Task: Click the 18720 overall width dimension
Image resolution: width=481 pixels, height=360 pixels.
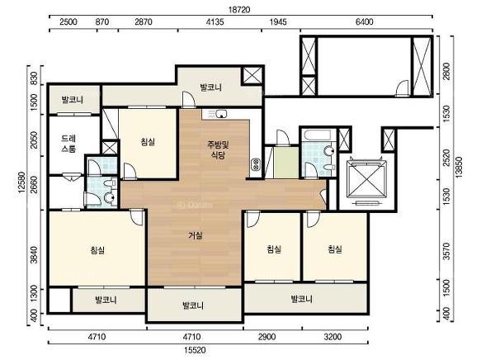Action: click(239, 10)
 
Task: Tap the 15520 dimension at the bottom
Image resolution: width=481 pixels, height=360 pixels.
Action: click(195, 350)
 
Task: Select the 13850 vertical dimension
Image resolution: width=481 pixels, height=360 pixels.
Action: click(459, 168)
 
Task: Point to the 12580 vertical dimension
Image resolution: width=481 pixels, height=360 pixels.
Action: click(21, 182)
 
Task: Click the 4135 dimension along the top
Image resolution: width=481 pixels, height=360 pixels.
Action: click(215, 21)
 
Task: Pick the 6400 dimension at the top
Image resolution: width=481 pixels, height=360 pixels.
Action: click(365, 21)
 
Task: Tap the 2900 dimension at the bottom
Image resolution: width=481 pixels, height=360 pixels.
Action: click(266, 337)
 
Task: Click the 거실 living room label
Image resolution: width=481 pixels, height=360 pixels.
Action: click(196, 235)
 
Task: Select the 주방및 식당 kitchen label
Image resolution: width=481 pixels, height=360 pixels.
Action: click(218, 149)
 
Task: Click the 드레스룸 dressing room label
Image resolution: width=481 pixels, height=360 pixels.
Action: click(68, 144)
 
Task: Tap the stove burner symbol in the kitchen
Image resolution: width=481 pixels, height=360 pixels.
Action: click(255, 165)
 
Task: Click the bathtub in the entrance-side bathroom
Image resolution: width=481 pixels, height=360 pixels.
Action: click(316, 135)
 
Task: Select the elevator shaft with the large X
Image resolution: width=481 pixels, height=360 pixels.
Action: click(366, 179)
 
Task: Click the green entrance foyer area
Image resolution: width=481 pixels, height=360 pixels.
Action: click(286, 163)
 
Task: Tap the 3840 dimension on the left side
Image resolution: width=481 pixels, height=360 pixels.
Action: click(35, 255)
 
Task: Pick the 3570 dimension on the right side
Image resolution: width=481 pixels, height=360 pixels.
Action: click(446, 251)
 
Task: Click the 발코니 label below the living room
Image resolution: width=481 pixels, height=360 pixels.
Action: click(193, 306)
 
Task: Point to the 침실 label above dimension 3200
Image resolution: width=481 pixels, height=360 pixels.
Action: click(335, 249)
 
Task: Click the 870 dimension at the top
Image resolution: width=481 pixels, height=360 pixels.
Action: click(102, 21)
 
